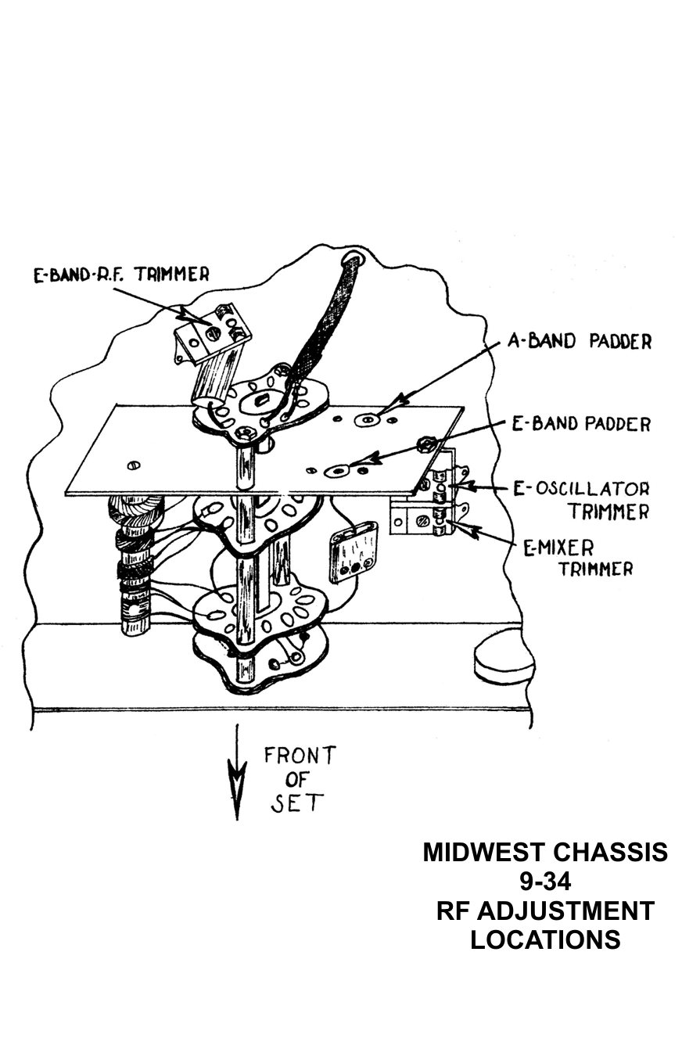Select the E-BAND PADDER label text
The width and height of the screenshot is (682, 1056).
point(581,425)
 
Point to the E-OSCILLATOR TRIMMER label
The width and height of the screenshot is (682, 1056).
point(586,500)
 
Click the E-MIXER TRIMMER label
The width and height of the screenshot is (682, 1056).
point(577,556)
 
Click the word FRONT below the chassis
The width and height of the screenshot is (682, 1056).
point(300,756)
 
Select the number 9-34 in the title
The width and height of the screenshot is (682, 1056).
point(545,882)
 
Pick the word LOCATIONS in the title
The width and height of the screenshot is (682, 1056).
point(545,939)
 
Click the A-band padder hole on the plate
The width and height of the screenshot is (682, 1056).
point(365,420)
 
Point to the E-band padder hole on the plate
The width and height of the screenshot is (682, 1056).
point(340,471)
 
